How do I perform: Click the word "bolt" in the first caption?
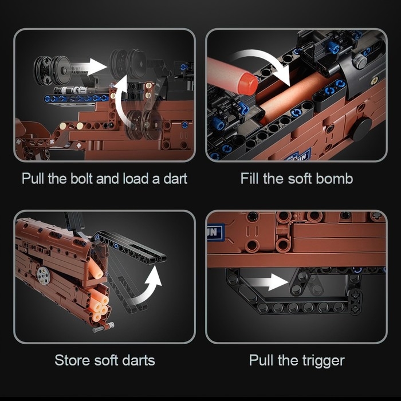pyautogui.click(x=81, y=178)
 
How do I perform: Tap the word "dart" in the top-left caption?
pyautogui.click(x=175, y=178)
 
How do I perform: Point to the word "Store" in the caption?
pyautogui.click(x=73, y=360)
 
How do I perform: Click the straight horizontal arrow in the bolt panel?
pyautogui.click(x=89, y=67)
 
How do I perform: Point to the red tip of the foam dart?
pyautogui.click(x=247, y=84)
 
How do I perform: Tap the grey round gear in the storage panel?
pyautogui.click(x=44, y=276)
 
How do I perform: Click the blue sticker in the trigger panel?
pyautogui.click(x=215, y=233)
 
